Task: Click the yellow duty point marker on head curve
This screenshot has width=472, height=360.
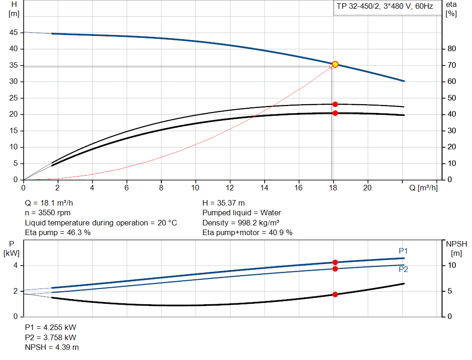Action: coord(335,64)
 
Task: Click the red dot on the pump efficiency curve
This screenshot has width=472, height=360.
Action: coord(335,104)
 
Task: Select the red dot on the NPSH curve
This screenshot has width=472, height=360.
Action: coord(335,294)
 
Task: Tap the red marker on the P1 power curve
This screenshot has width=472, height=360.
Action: coord(335,262)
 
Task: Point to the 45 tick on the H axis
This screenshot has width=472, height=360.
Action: coord(14,33)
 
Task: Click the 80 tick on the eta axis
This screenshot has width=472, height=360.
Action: coord(451,49)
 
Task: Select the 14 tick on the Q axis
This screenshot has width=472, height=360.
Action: coord(265,188)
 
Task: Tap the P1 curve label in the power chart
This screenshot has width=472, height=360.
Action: coord(403,251)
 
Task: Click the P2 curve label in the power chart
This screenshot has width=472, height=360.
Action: coord(403,270)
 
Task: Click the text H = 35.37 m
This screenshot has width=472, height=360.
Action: coord(224,203)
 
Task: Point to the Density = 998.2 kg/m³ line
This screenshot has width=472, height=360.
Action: coord(240,223)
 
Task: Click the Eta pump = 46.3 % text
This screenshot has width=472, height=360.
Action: coord(58,233)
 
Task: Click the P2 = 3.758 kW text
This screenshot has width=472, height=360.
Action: coord(50,337)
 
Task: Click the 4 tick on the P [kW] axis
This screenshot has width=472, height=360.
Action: coord(15,266)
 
